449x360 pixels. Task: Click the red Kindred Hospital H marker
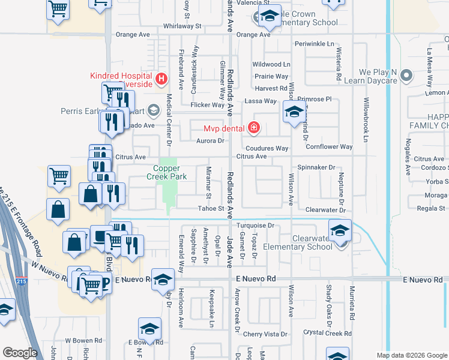tap(160, 79)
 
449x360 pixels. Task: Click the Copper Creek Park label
tap(167, 172)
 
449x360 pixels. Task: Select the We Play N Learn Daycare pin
tap(407, 76)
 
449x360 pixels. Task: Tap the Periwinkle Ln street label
tap(314, 44)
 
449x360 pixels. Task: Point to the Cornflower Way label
tap(329, 146)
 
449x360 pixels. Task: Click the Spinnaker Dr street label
tap(316, 168)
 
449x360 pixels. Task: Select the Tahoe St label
tap(211, 209)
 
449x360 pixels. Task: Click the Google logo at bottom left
tap(20, 353)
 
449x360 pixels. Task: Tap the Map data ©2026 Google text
tap(412, 355)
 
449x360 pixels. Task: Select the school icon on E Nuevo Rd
tap(161, 280)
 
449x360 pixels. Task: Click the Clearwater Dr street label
tap(326, 210)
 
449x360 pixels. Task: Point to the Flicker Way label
tap(206, 105)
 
